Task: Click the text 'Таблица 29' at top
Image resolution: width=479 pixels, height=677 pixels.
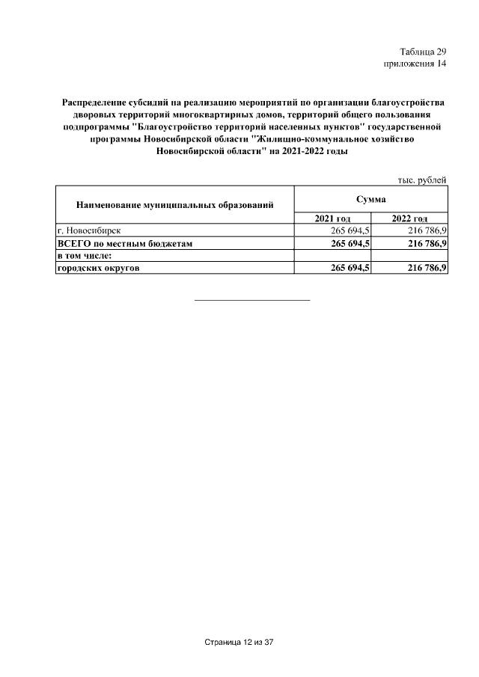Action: (x=423, y=52)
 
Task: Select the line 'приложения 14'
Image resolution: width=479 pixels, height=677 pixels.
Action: (x=415, y=64)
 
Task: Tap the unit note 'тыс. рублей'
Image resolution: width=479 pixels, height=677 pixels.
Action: (x=421, y=180)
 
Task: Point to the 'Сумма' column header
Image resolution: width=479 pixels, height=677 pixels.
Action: (x=371, y=199)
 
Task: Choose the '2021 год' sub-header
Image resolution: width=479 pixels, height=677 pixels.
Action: (x=333, y=218)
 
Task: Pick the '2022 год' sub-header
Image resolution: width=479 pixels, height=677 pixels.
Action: (x=409, y=218)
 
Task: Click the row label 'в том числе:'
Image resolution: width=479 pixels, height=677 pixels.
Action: (x=85, y=256)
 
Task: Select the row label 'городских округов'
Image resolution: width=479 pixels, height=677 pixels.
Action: (x=99, y=269)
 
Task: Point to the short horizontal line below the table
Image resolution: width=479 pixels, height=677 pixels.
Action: (x=251, y=300)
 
